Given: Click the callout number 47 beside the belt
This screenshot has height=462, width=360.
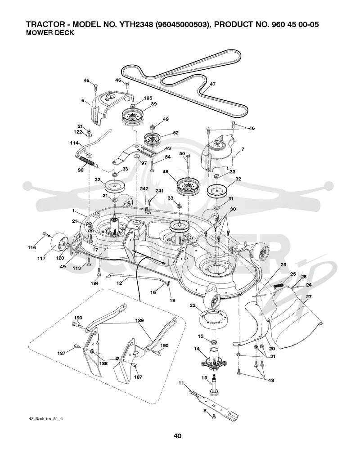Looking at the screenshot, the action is [x=212, y=84].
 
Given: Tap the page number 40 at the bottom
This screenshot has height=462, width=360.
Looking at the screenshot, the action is [x=177, y=435].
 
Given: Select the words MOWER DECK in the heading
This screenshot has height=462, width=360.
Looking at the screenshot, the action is [x=50, y=33].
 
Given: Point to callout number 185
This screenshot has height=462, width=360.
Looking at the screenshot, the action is [x=148, y=98].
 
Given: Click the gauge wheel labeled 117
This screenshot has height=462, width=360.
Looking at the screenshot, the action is [x=58, y=242].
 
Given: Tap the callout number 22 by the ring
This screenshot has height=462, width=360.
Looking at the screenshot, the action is [x=193, y=305].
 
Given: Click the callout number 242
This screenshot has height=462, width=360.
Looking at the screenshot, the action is [x=144, y=188].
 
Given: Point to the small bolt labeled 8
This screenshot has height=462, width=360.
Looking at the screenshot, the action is [x=214, y=416].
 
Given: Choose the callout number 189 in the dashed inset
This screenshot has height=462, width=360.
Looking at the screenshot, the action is [x=139, y=320].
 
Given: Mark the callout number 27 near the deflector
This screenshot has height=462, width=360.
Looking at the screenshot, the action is [x=308, y=297].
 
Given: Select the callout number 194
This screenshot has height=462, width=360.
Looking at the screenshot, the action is [x=94, y=283].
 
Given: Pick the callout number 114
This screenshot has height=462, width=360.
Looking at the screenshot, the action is [x=74, y=143].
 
